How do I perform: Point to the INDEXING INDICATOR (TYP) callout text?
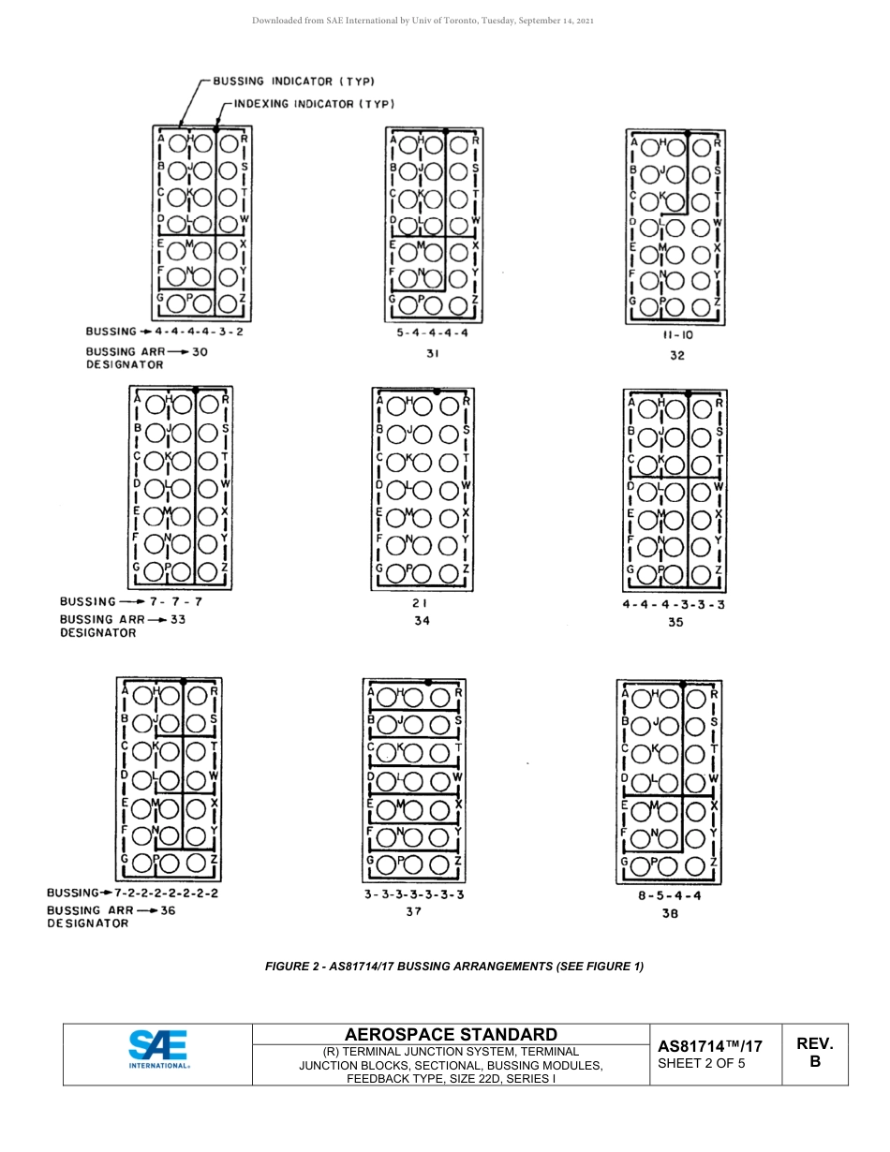pos(314,103)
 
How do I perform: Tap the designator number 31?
pos(433,353)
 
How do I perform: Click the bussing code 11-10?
pos(677,335)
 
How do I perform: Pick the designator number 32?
pos(677,355)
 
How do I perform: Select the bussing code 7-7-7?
pos(171,601)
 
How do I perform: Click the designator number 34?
pos(423,621)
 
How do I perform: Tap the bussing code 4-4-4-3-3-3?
pos(674,604)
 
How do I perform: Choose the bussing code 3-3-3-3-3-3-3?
pos(414,894)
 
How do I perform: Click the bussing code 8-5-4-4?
pos(669,895)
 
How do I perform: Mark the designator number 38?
pos(669,913)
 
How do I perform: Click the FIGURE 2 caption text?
pos(454,967)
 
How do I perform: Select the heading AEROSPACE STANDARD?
pos(451,1034)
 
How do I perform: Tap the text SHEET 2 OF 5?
pos(702,1063)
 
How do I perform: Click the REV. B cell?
pos(814,1053)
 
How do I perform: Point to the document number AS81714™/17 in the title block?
pos(709,1046)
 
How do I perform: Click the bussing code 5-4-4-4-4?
pos(433,332)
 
